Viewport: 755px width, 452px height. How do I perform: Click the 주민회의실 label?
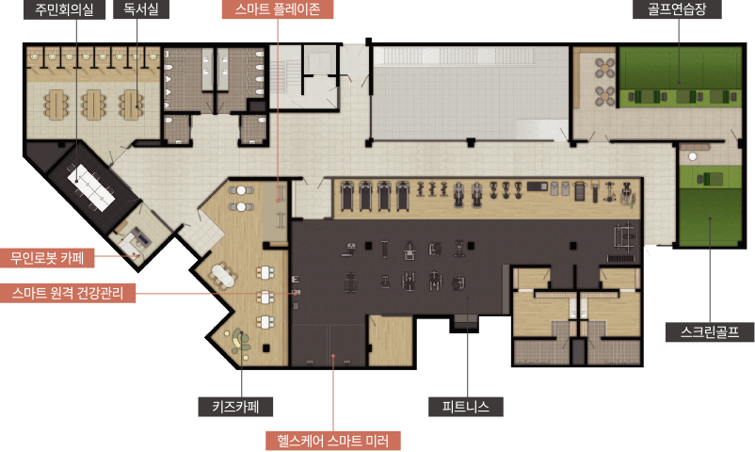click(65, 9)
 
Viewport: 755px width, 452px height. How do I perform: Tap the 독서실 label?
click(141, 9)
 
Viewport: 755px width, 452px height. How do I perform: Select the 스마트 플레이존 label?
click(278, 9)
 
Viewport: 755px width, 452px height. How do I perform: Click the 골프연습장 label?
click(677, 9)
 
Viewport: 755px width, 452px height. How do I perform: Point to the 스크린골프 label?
click(710, 332)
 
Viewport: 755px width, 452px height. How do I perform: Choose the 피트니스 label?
click(466, 407)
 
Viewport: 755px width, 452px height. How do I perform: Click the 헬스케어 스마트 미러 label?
click(333, 441)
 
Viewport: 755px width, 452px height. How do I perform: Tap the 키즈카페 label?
click(236, 407)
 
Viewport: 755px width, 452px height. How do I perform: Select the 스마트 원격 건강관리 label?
click(68, 293)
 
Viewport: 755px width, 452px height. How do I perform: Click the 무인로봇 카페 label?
click(47, 258)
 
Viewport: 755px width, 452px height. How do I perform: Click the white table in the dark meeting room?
click(91, 187)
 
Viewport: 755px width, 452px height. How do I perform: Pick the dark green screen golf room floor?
click(709, 217)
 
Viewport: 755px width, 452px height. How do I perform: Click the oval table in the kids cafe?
click(223, 275)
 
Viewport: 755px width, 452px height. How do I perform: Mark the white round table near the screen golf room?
click(693, 156)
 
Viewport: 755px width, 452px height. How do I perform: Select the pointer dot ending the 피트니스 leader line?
click(468, 299)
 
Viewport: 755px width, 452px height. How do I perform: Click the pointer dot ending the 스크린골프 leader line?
click(709, 218)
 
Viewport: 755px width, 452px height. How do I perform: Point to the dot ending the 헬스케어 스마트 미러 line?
click(332, 356)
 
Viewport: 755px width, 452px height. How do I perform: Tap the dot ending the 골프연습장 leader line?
click(679, 83)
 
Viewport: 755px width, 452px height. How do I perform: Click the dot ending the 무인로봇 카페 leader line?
click(138, 256)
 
